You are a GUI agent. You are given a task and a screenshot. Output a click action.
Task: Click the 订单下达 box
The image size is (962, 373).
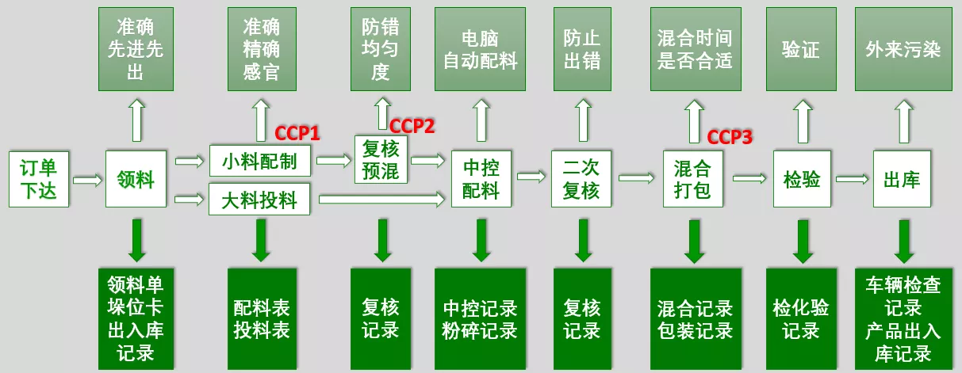tap(39, 179)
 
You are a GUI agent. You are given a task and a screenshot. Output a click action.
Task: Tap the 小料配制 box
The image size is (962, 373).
tap(259, 162)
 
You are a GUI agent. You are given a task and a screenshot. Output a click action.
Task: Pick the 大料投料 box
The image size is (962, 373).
tap(259, 199)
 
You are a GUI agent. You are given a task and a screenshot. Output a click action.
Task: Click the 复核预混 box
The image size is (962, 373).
tap(381, 159)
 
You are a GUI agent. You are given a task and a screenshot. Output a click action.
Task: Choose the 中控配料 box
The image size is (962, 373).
tap(481, 179)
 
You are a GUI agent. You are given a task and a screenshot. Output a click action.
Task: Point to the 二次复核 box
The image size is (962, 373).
tap(582, 179)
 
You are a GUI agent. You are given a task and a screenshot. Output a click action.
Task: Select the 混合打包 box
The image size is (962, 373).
tap(692, 179)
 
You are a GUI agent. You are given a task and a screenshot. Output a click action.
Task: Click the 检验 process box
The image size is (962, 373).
tap(802, 179)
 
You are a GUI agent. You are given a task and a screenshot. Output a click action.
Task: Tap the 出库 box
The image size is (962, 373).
tap(902, 179)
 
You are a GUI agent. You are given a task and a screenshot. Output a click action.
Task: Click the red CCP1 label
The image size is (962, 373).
tap(297, 133)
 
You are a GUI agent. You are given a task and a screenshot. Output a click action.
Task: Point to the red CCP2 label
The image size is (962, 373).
tap(412, 125)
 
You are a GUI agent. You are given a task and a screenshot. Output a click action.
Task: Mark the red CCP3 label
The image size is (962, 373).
tap(730, 136)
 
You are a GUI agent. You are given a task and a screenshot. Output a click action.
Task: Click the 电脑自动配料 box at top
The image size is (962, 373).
tap(481, 49)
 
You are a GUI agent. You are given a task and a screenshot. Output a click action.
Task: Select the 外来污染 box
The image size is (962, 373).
tap(903, 49)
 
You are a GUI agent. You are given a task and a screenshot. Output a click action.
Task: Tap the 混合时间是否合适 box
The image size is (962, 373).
tap(695, 49)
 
